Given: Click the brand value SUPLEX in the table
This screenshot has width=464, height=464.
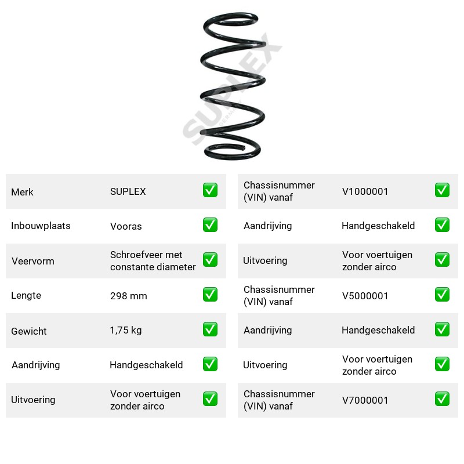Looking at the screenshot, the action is pyautogui.click(x=128, y=192).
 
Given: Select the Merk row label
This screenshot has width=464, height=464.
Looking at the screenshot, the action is pyautogui.click(x=22, y=192).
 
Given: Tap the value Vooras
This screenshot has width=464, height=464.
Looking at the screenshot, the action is pyautogui.click(x=126, y=226).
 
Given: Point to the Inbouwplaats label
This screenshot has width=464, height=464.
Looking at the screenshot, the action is pyautogui.click(x=41, y=226).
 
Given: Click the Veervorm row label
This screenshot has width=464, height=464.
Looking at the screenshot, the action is pyautogui.click(x=33, y=261).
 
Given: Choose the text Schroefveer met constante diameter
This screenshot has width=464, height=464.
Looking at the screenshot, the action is pyautogui.click(x=153, y=260).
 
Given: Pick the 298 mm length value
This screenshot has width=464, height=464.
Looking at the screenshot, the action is pyautogui.click(x=128, y=296).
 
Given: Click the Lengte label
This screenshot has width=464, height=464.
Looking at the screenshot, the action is pyautogui.click(x=26, y=295).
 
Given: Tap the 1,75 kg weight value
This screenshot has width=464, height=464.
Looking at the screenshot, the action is pyautogui.click(x=126, y=330).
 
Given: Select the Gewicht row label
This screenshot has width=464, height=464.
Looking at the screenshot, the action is pyautogui.click(x=29, y=331).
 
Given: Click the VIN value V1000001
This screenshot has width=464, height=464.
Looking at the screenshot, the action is pyautogui.click(x=365, y=192).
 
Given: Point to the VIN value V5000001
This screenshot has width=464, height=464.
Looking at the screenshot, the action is pyautogui.click(x=365, y=296).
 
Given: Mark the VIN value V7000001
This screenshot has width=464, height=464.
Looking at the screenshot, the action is pyautogui.click(x=365, y=400).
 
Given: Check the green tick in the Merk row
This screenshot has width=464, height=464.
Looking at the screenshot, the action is pyautogui.click(x=210, y=190).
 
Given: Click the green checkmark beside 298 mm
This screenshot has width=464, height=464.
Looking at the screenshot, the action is pyautogui.click(x=210, y=295).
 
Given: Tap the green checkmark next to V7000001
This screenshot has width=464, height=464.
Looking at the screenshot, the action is pyautogui.click(x=442, y=399).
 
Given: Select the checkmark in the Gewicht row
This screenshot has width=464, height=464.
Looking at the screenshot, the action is pyautogui.click(x=210, y=329).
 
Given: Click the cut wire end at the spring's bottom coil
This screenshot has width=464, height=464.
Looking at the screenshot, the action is pyautogui.click(x=244, y=147).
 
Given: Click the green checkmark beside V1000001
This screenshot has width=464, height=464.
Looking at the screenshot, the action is pyautogui.click(x=442, y=190).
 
